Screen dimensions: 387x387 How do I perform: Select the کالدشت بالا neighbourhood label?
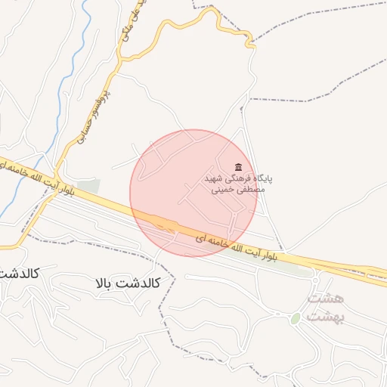click(x=128, y=283)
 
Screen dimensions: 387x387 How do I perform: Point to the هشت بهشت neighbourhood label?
click(x=326, y=308)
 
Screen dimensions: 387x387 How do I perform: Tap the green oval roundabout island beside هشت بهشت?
click(x=296, y=319)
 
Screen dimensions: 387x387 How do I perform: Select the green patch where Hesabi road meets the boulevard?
click(x=88, y=186)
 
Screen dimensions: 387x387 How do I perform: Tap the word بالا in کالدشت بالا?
click(x=106, y=283)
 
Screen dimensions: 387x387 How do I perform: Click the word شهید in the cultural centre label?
click(x=214, y=179)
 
